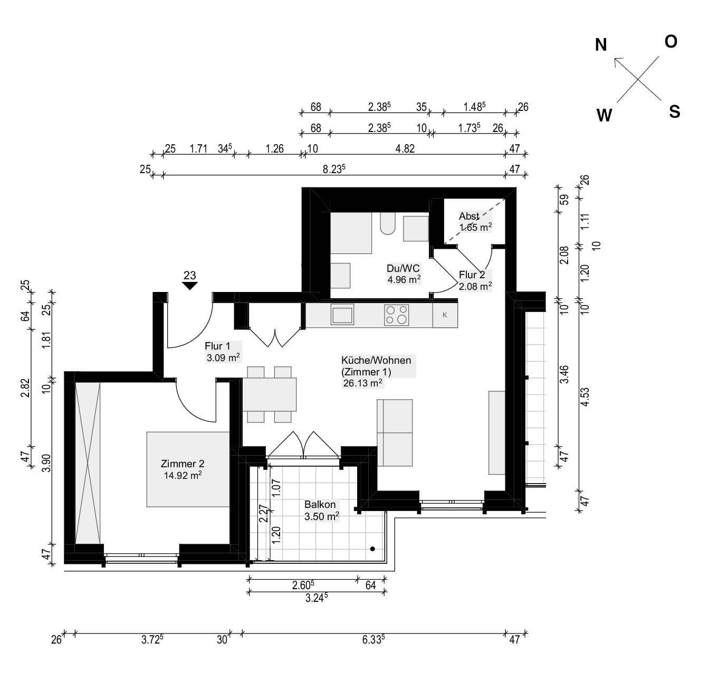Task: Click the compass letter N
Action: [x=601, y=45]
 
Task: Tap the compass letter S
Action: [x=674, y=111]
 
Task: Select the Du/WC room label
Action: [x=403, y=269]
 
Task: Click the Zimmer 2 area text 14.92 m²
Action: [x=183, y=475]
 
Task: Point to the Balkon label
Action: [x=320, y=505]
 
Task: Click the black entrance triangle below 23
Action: [x=190, y=286]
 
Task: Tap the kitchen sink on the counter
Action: [x=342, y=315]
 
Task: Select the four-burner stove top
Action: [x=397, y=315]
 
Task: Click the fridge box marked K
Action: [x=445, y=315]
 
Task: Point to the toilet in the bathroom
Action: [x=387, y=223]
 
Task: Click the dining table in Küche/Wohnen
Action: [x=270, y=394]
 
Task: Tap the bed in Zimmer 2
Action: [x=188, y=469]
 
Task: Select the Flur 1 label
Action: [x=217, y=346]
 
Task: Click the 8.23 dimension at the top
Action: [x=334, y=169]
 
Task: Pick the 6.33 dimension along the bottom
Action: [x=373, y=640]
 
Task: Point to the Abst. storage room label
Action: [x=469, y=216]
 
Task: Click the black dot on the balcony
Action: [x=372, y=549]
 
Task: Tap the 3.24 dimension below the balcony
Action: [x=317, y=598]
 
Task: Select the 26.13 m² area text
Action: [x=362, y=383]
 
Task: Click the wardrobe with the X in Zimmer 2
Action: [x=88, y=463]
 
